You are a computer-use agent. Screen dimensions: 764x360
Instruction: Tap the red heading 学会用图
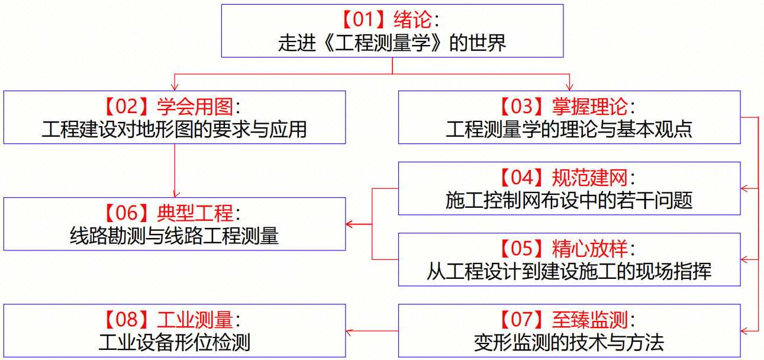point(195,107)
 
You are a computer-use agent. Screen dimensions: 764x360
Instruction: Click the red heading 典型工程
point(195,213)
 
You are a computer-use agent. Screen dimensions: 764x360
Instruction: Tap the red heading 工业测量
point(195,320)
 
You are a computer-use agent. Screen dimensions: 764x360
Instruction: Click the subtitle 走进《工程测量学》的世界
point(392,43)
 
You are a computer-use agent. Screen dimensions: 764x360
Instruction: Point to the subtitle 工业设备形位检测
point(175,342)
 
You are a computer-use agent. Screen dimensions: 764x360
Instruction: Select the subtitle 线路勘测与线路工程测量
point(175,236)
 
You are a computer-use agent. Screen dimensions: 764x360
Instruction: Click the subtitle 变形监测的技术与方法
point(569,342)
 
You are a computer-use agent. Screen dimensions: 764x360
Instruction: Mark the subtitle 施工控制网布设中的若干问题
point(569,200)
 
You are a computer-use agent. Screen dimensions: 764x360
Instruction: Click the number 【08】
point(127,320)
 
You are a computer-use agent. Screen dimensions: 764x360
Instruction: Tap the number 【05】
point(521,249)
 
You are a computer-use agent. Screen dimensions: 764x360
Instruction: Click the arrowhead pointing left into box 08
point(350,330)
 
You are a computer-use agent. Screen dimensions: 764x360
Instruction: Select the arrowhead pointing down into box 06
point(175,194)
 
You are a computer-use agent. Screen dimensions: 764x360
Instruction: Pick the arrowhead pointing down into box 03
point(569,87)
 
